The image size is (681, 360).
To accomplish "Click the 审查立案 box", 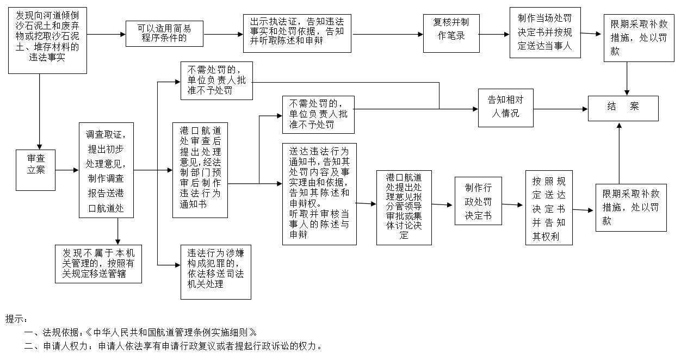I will [x=35, y=170].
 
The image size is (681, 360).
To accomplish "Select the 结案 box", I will [x=623, y=108].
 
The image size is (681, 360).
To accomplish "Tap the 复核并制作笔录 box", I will [x=451, y=33].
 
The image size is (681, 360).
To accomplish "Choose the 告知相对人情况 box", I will [x=505, y=108].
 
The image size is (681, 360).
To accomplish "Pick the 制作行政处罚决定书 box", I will [x=478, y=201].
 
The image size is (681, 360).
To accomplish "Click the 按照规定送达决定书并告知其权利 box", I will [x=549, y=207].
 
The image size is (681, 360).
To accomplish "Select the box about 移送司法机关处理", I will [x=216, y=271].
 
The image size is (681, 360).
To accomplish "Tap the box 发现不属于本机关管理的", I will [x=98, y=264].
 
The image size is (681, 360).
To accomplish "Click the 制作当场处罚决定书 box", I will [x=544, y=32].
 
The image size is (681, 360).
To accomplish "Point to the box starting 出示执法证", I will [x=297, y=33].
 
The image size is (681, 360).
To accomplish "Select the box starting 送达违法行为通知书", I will [x=319, y=194].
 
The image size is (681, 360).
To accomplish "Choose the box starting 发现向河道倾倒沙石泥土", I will [x=48, y=40].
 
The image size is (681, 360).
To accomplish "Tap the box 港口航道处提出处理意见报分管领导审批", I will [x=404, y=207].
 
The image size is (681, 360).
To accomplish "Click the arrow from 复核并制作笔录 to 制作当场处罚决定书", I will [x=494, y=34].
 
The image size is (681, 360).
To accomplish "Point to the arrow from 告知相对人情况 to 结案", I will [x=560, y=108].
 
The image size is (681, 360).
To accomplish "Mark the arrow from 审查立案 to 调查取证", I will [x=67, y=170].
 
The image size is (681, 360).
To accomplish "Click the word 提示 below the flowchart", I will [x=16, y=319].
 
